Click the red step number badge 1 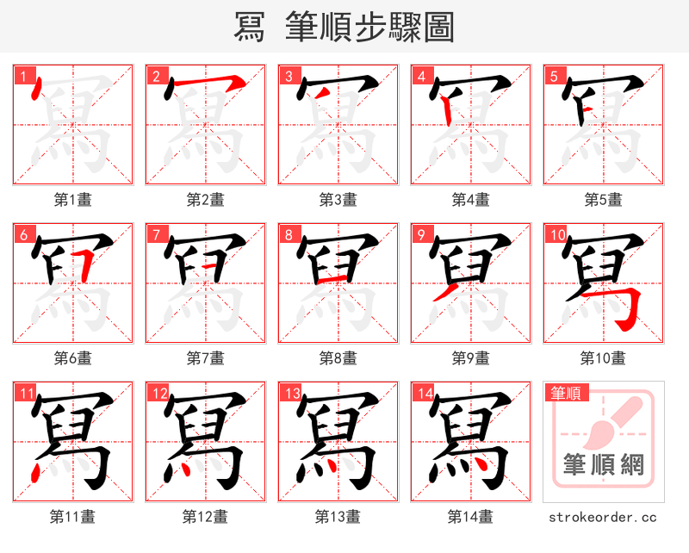[23, 76]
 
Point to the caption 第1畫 [73, 199]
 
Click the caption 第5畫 [603, 199]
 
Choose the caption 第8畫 [338, 357]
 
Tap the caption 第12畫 [205, 517]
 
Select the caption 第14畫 [470, 517]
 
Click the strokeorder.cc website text [603, 517]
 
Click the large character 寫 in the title [251, 28]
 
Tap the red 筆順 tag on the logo [564, 393]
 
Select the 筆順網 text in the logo [603, 465]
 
